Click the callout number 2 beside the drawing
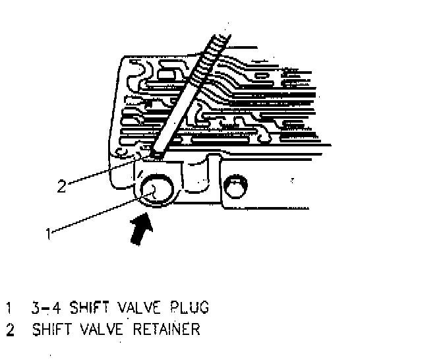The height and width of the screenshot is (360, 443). tap(61, 186)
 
